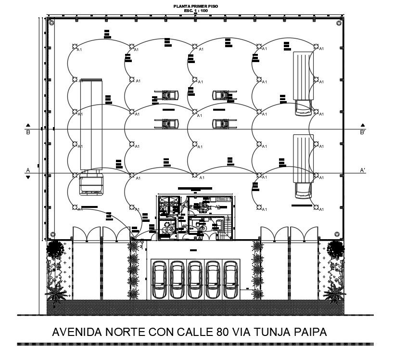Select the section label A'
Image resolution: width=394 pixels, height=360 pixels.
pos(362,170)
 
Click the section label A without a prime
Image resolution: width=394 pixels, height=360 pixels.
pos(28,170)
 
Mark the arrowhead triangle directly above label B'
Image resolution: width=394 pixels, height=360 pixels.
pos(363,125)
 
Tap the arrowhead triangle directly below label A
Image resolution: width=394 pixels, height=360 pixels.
pos(28,177)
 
